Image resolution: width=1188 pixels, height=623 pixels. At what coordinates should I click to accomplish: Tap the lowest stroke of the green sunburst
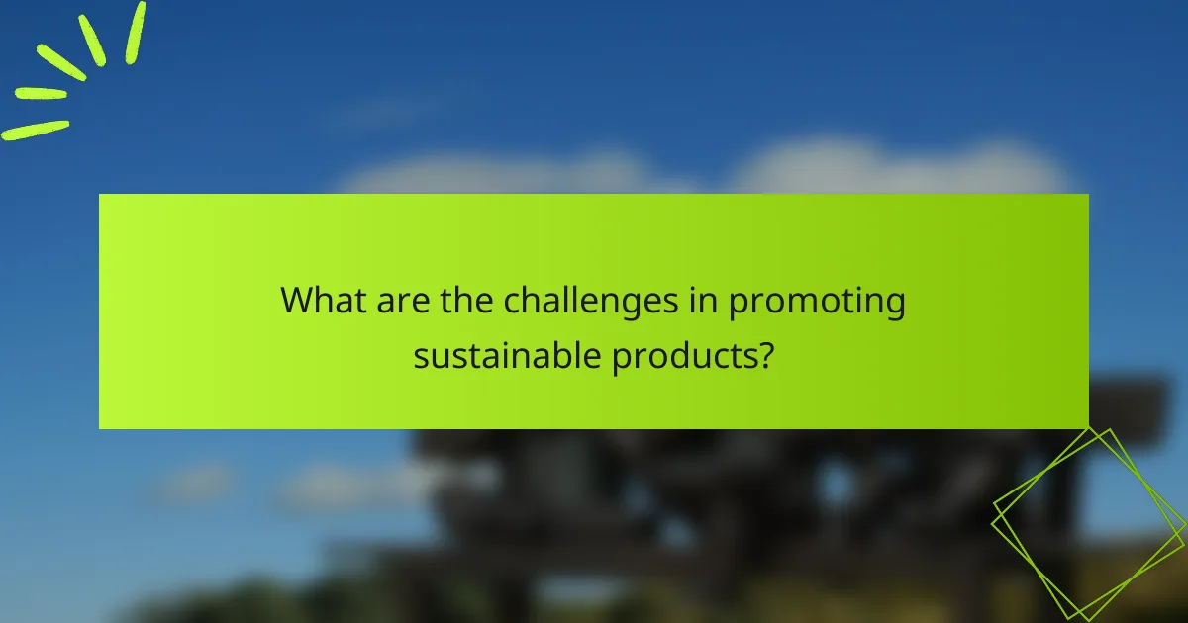coord(35,130)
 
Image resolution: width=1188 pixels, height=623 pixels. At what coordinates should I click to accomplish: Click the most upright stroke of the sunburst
coord(135,32)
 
